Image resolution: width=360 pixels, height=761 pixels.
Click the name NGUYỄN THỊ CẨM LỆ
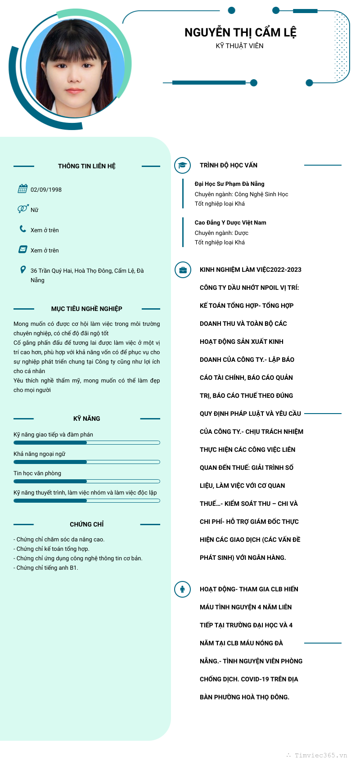click(x=240, y=33)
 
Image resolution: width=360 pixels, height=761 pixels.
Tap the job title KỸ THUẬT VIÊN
click(x=239, y=46)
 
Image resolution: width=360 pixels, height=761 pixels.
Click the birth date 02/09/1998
click(x=46, y=190)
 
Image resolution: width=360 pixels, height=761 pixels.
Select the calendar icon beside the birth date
click(x=22, y=189)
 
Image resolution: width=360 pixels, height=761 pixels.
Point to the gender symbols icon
click(x=22, y=209)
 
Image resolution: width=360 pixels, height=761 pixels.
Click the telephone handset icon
click(x=22, y=229)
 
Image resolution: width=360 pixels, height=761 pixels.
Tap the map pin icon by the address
click(x=23, y=270)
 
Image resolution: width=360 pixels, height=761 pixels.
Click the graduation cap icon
click(x=182, y=165)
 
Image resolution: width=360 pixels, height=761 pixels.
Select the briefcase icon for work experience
click(x=183, y=270)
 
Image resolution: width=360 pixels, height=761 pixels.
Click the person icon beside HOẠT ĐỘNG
click(x=182, y=589)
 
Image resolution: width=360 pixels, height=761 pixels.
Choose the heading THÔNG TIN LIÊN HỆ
click(x=87, y=167)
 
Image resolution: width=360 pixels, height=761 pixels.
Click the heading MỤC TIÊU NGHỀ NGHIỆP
click(x=87, y=309)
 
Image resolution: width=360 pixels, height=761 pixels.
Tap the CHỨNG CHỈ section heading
click(x=87, y=525)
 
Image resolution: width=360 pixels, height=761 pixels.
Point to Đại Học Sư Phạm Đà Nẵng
click(x=229, y=184)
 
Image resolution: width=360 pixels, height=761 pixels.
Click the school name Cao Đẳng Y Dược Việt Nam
click(x=230, y=223)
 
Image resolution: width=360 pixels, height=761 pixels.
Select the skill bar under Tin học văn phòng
click(x=87, y=482)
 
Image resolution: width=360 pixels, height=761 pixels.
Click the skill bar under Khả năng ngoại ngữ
click(x=87, y=462)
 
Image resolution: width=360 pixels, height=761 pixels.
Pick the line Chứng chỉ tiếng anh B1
click(x=46, y=568)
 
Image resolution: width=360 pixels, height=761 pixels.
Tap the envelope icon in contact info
click(x=22, y=249)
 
